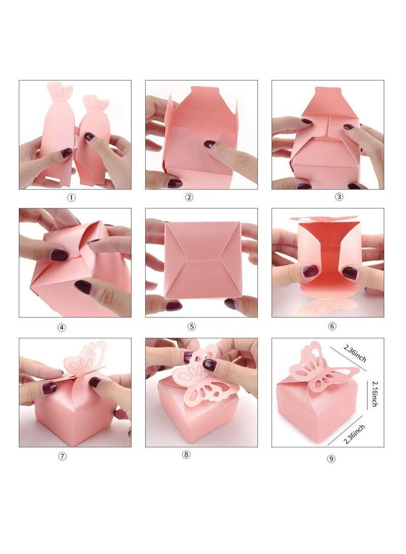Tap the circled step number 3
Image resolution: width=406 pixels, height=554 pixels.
pos(340,197)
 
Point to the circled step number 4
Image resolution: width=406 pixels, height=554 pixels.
pos(62,328)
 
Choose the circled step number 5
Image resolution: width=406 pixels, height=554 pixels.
pos(191,327)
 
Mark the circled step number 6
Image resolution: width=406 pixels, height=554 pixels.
pos(332,326)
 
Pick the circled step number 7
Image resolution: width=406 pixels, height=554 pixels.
pos(62,456)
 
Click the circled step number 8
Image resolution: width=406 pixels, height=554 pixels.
pos(186,454)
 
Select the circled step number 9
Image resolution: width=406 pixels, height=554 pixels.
pos(331,459)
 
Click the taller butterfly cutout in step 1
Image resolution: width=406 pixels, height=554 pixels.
pos(59,93)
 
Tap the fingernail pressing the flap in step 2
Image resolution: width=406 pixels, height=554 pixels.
pos(210,144)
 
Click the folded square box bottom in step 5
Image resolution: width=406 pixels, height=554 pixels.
pos(201,260)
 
